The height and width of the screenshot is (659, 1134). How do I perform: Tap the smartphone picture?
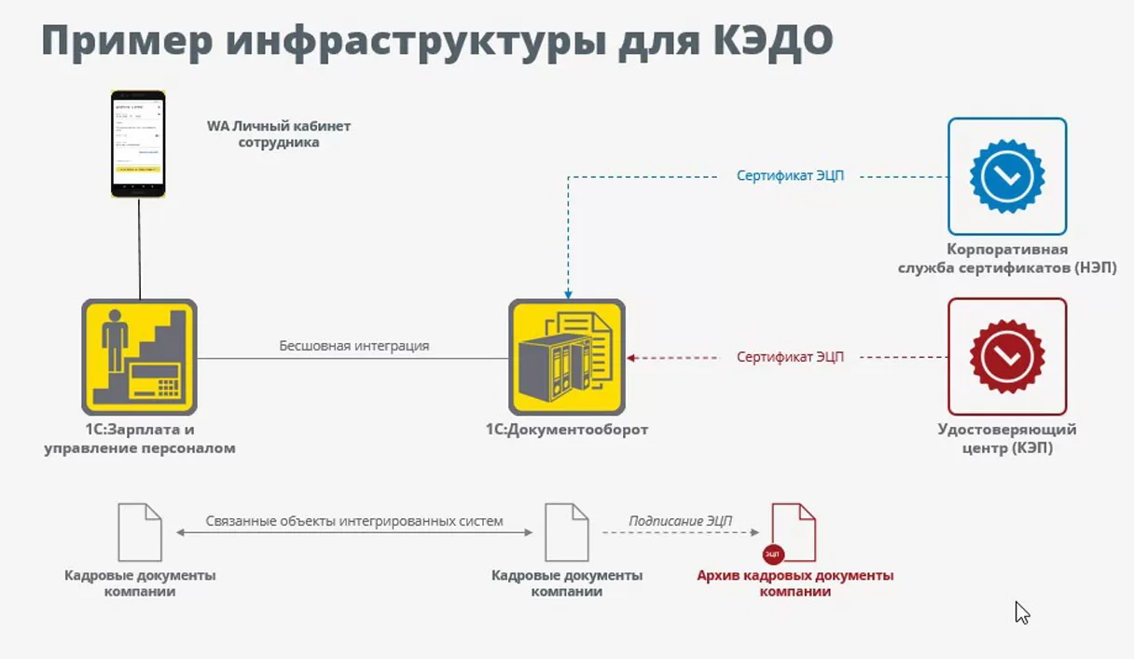pos(138,144)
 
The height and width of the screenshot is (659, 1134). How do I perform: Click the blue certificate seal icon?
pos(1007,175)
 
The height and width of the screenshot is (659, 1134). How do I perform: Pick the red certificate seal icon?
pos(1007,356)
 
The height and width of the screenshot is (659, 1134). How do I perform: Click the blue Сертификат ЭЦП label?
pos(790,175)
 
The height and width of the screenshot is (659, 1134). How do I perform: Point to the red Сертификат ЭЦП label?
pos(790,356)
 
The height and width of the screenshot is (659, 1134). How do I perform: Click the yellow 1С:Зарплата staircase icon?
pos(139,356)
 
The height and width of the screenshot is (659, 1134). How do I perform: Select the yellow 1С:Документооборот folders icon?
pos(566,356)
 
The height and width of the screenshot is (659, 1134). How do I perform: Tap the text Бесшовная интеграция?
pos(354,346)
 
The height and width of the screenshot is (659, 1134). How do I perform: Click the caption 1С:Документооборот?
pos(566,430)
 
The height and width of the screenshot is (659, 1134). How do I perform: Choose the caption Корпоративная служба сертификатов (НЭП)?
pos(1007,259)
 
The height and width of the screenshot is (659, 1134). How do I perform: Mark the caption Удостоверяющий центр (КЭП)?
pos(1007,439)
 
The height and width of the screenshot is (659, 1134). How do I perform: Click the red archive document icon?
pos(794,532)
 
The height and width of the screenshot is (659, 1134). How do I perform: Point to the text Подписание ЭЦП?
pos(680,521)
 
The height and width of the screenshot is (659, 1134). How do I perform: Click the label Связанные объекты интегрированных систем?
pos(354,521)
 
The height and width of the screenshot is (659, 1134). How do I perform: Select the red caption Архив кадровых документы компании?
pos(795,583)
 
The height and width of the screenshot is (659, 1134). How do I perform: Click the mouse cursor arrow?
pos(1021,611)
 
